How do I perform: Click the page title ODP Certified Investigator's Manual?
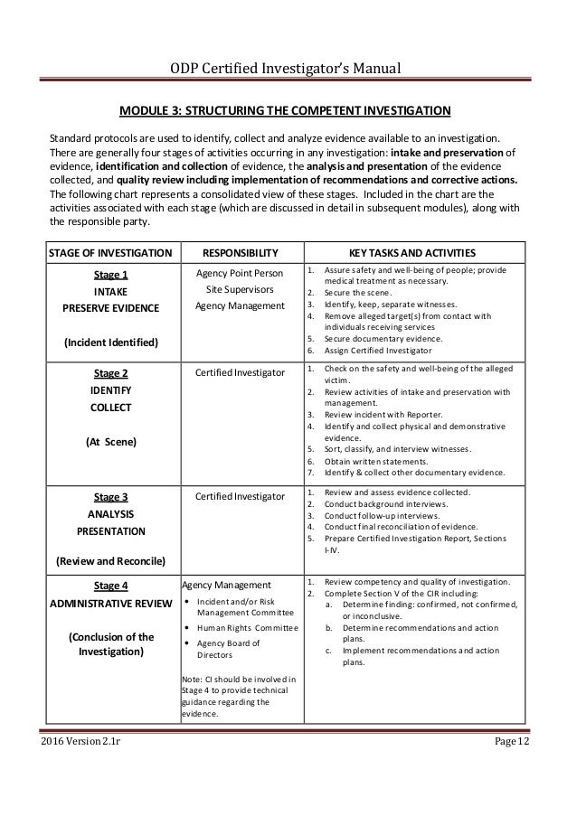287,68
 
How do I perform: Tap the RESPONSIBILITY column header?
239,251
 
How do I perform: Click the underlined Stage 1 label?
111,275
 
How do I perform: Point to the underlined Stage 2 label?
111,372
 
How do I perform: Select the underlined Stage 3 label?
111,496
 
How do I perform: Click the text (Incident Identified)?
111,342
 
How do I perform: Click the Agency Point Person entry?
239,273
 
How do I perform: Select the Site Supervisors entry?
239,289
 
